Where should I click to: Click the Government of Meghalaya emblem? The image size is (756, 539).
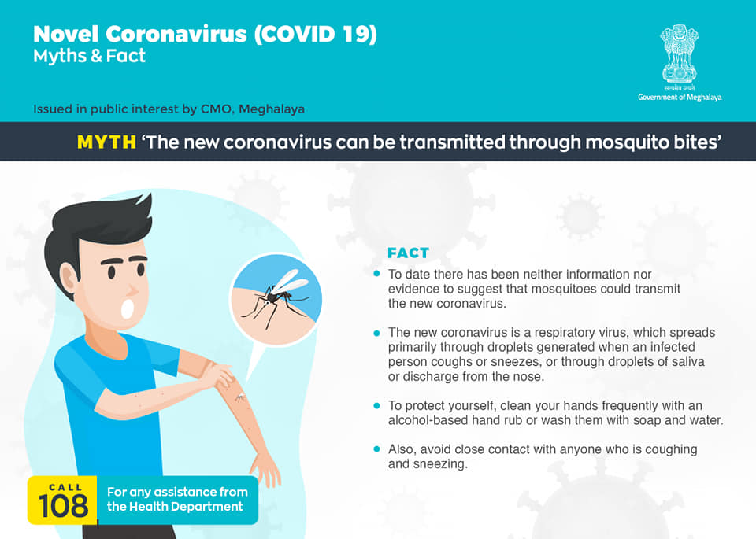680,54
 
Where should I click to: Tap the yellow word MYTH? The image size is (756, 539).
106,142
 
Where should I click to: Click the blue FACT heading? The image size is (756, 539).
408,253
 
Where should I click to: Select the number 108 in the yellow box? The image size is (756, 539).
63,506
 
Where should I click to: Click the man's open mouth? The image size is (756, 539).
128,308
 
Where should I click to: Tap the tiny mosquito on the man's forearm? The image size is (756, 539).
239,397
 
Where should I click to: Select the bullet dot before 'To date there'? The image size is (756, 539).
376,274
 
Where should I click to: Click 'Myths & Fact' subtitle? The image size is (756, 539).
89,57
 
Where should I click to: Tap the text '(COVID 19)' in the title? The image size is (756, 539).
315,34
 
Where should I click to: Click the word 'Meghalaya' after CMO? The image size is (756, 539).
272,109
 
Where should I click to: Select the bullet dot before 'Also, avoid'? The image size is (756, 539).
376,449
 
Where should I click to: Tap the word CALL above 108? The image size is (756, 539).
65,487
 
